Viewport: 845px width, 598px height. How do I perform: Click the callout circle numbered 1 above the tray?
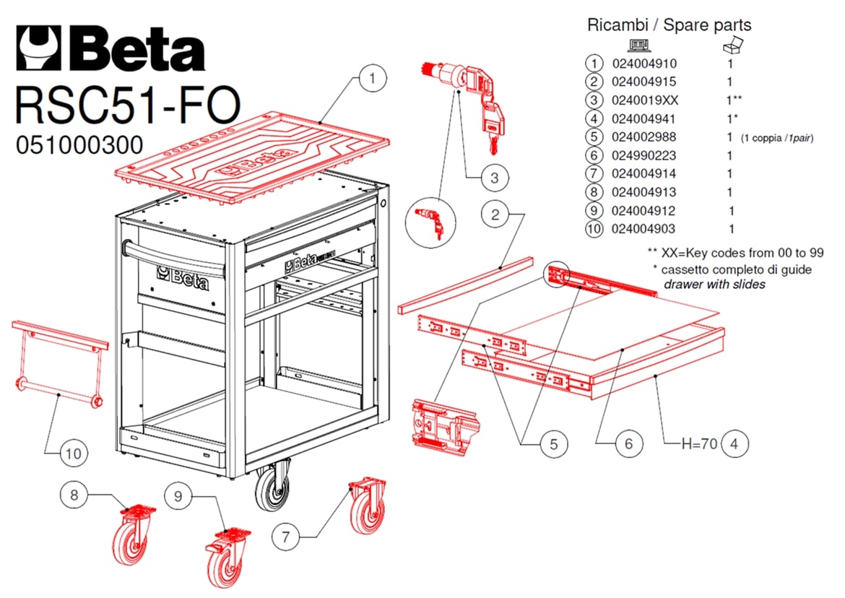pyautogui.click(x=372, y=79)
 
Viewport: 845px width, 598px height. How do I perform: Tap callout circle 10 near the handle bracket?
pyautogui.click(x=74, y=453)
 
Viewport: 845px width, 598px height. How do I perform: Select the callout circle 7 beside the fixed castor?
pyautogui.click(x=285, y=537)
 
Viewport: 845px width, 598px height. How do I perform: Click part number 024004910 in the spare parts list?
pyautogui.click(x=644, y=64)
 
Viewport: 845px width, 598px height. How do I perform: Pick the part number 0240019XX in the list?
pyautogui.click(x=644, y=100)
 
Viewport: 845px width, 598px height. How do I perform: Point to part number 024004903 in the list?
pyautogui.click(x=643, y=229)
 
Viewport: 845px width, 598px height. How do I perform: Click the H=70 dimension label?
pyautogui.click(x=700, y=443)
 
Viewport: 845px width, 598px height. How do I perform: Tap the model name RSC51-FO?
pyautogui.click(x=128, y=105)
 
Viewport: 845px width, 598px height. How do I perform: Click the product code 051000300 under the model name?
pyautogui.click(x=79, y=145)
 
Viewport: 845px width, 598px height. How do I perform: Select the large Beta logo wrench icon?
pyautogui.click(x=40, y=48)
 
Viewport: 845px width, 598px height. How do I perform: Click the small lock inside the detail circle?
pyautogui.click(x=432, y=222)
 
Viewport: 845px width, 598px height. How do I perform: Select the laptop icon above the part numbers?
pyautogui.click(x=639, y=45)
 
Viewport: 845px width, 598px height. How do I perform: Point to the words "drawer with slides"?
pyautogui.click(x=714, y=285)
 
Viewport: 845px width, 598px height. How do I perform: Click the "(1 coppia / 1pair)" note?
pyautogui.click(x=776, y=139)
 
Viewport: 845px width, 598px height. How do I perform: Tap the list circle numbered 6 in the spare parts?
pyautogui.click(x=594, y=155)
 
